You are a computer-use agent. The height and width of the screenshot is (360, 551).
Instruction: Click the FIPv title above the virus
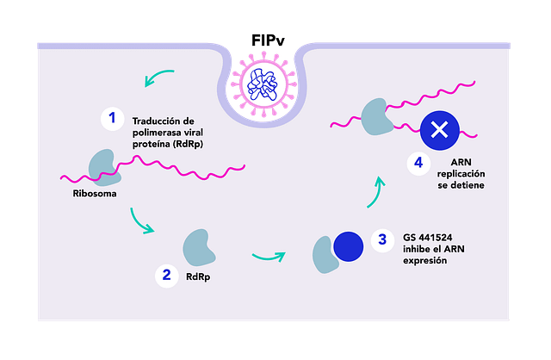pos(268,40)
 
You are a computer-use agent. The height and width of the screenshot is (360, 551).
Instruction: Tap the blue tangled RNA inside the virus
pos(263,84)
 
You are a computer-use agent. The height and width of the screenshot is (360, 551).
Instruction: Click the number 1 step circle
pos(113,119)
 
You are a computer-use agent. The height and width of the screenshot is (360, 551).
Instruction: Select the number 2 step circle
pos(166,276)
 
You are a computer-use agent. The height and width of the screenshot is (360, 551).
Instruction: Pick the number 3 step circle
pos(382,240)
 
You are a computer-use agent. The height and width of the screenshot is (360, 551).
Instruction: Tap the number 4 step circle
pos(418,163)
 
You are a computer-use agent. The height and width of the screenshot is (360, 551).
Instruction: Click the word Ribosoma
pos(95,194)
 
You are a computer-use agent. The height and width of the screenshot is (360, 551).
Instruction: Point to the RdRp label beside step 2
pos(198,277)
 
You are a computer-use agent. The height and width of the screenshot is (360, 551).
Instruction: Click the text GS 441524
pos(428,238)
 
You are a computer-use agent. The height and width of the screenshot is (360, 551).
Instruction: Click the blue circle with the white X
pos(440,130)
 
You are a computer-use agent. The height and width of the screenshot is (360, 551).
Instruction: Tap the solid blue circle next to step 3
pos(348,246)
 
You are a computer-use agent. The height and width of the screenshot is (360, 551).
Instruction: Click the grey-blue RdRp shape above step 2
pos(199,247)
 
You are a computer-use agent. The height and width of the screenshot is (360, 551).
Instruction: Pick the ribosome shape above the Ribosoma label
pos(104,167)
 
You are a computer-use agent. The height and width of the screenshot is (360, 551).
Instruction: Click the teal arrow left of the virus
pos(158,77)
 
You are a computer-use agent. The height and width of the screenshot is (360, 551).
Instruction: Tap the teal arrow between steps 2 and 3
pos(269,258)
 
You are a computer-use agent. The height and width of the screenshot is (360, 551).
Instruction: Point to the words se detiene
pos(461,185)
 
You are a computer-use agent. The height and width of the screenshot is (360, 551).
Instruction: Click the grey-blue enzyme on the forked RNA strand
pos(377,117)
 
